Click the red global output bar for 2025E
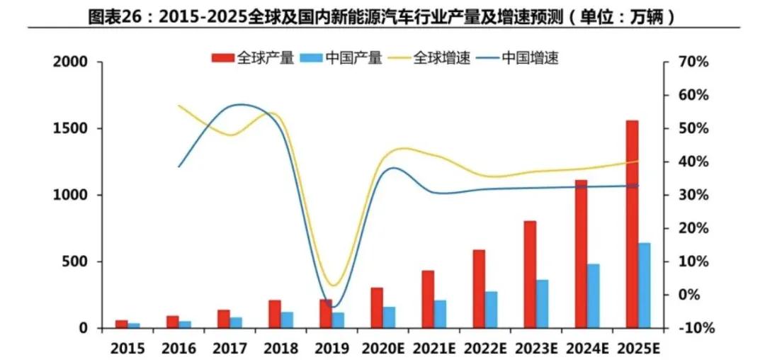point(633,224)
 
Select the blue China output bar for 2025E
point(645,286)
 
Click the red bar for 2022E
point(480,288)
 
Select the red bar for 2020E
point(377,308)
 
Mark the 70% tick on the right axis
point(691,62)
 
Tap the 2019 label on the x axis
point(331,348)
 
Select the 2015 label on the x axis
point(127,348)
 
